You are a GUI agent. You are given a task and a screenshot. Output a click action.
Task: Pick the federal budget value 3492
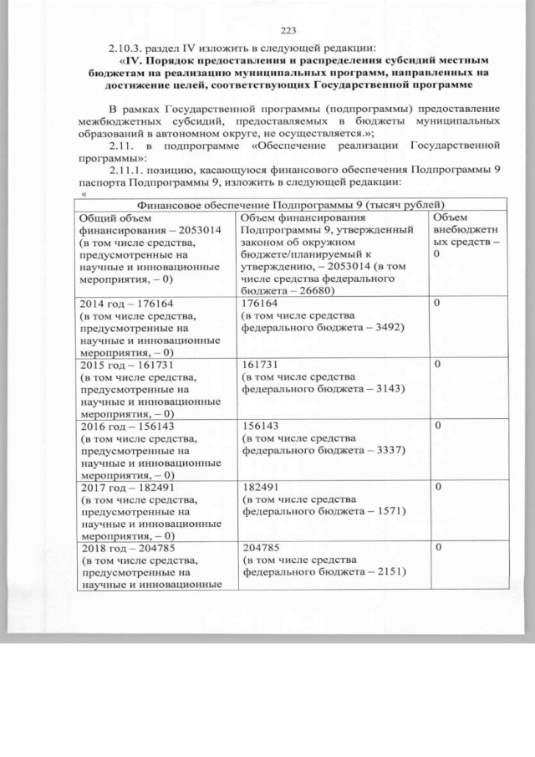click(x=389, y=327)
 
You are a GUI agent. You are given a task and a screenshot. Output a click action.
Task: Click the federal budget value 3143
click(x=389, y=388)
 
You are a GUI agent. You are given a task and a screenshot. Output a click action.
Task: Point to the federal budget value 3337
click(x=389, y=449)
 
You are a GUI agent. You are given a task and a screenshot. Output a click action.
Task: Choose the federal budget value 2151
click(x=389, y=571)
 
